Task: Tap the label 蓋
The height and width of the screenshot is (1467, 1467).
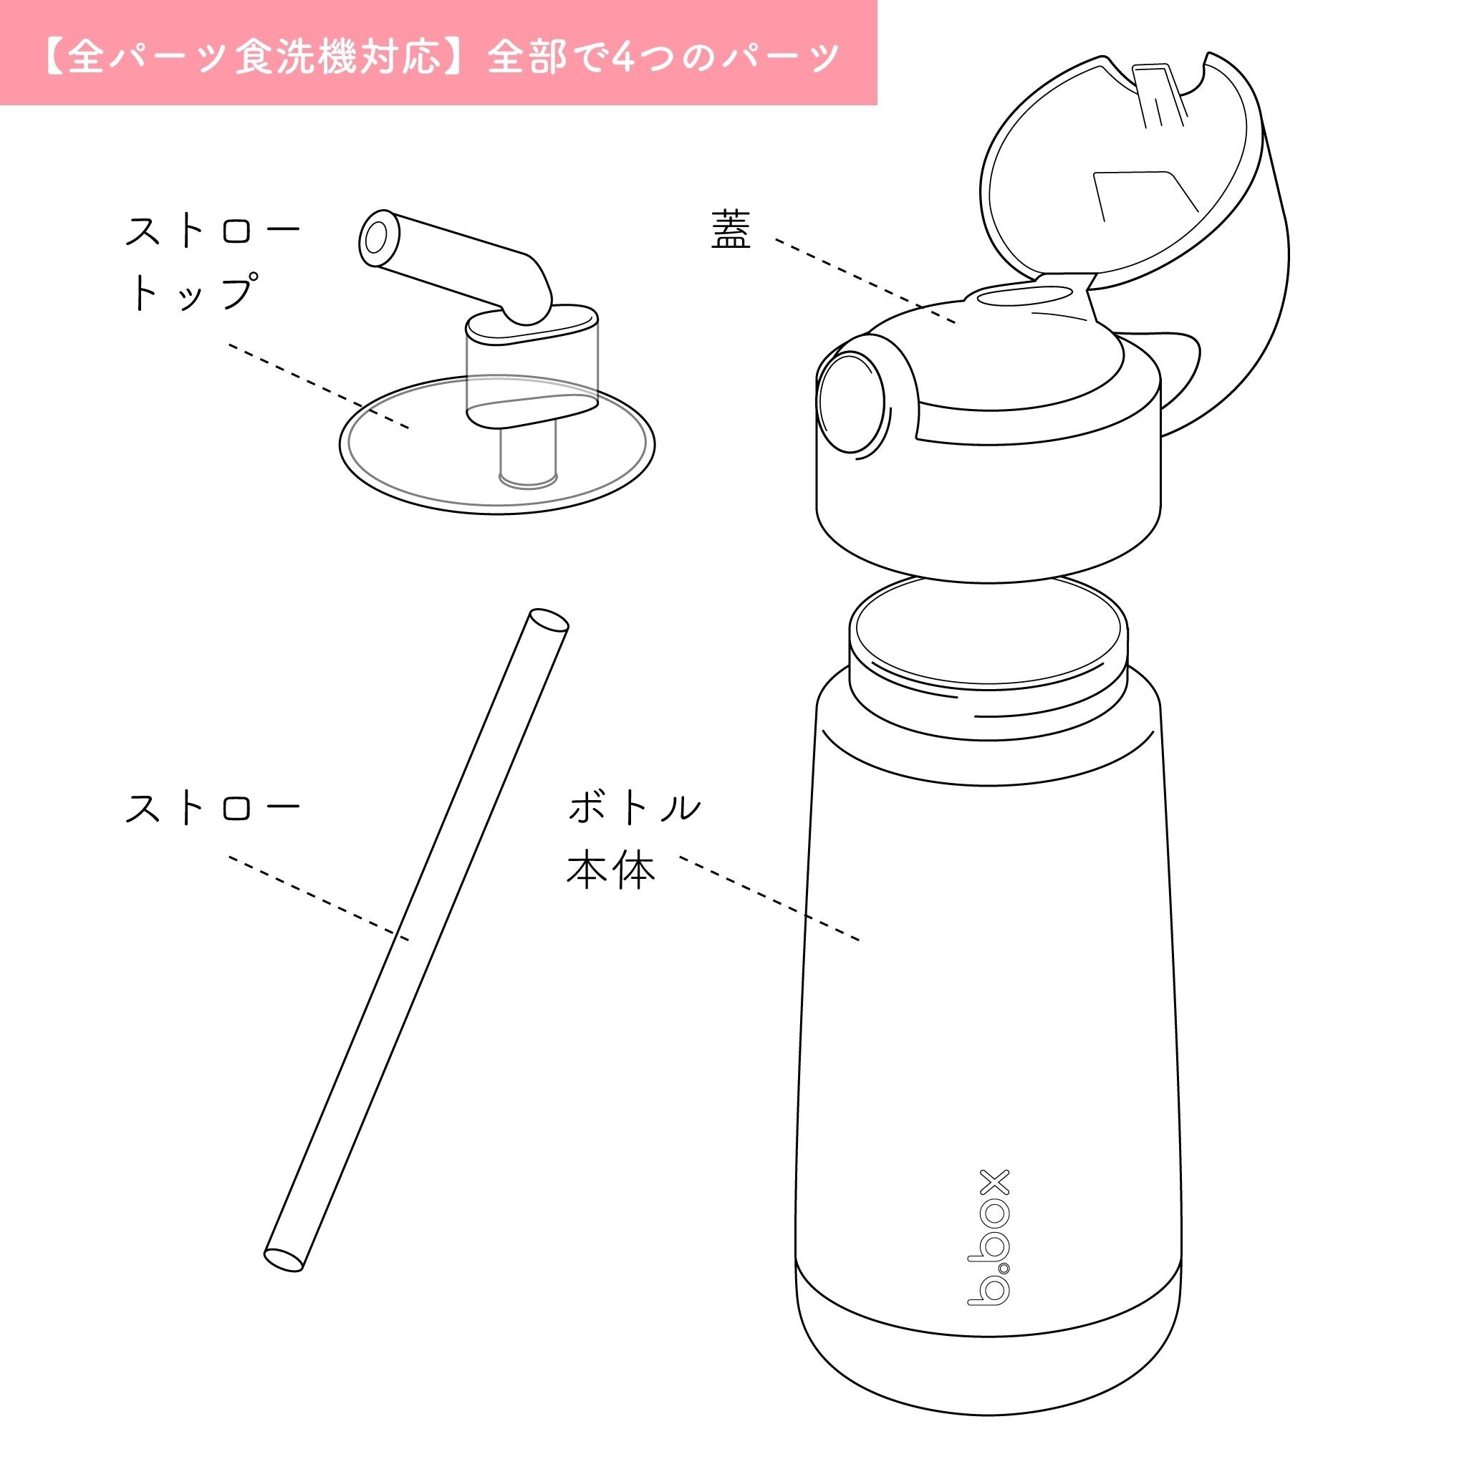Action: pos(731,230)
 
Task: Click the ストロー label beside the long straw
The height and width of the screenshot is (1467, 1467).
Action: pos(213,808)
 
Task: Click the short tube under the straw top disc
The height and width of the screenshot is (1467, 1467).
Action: pos(527,456)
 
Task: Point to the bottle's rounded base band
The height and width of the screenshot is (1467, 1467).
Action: pos(987,1359)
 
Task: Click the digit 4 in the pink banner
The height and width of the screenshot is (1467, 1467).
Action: pos(622,56)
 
